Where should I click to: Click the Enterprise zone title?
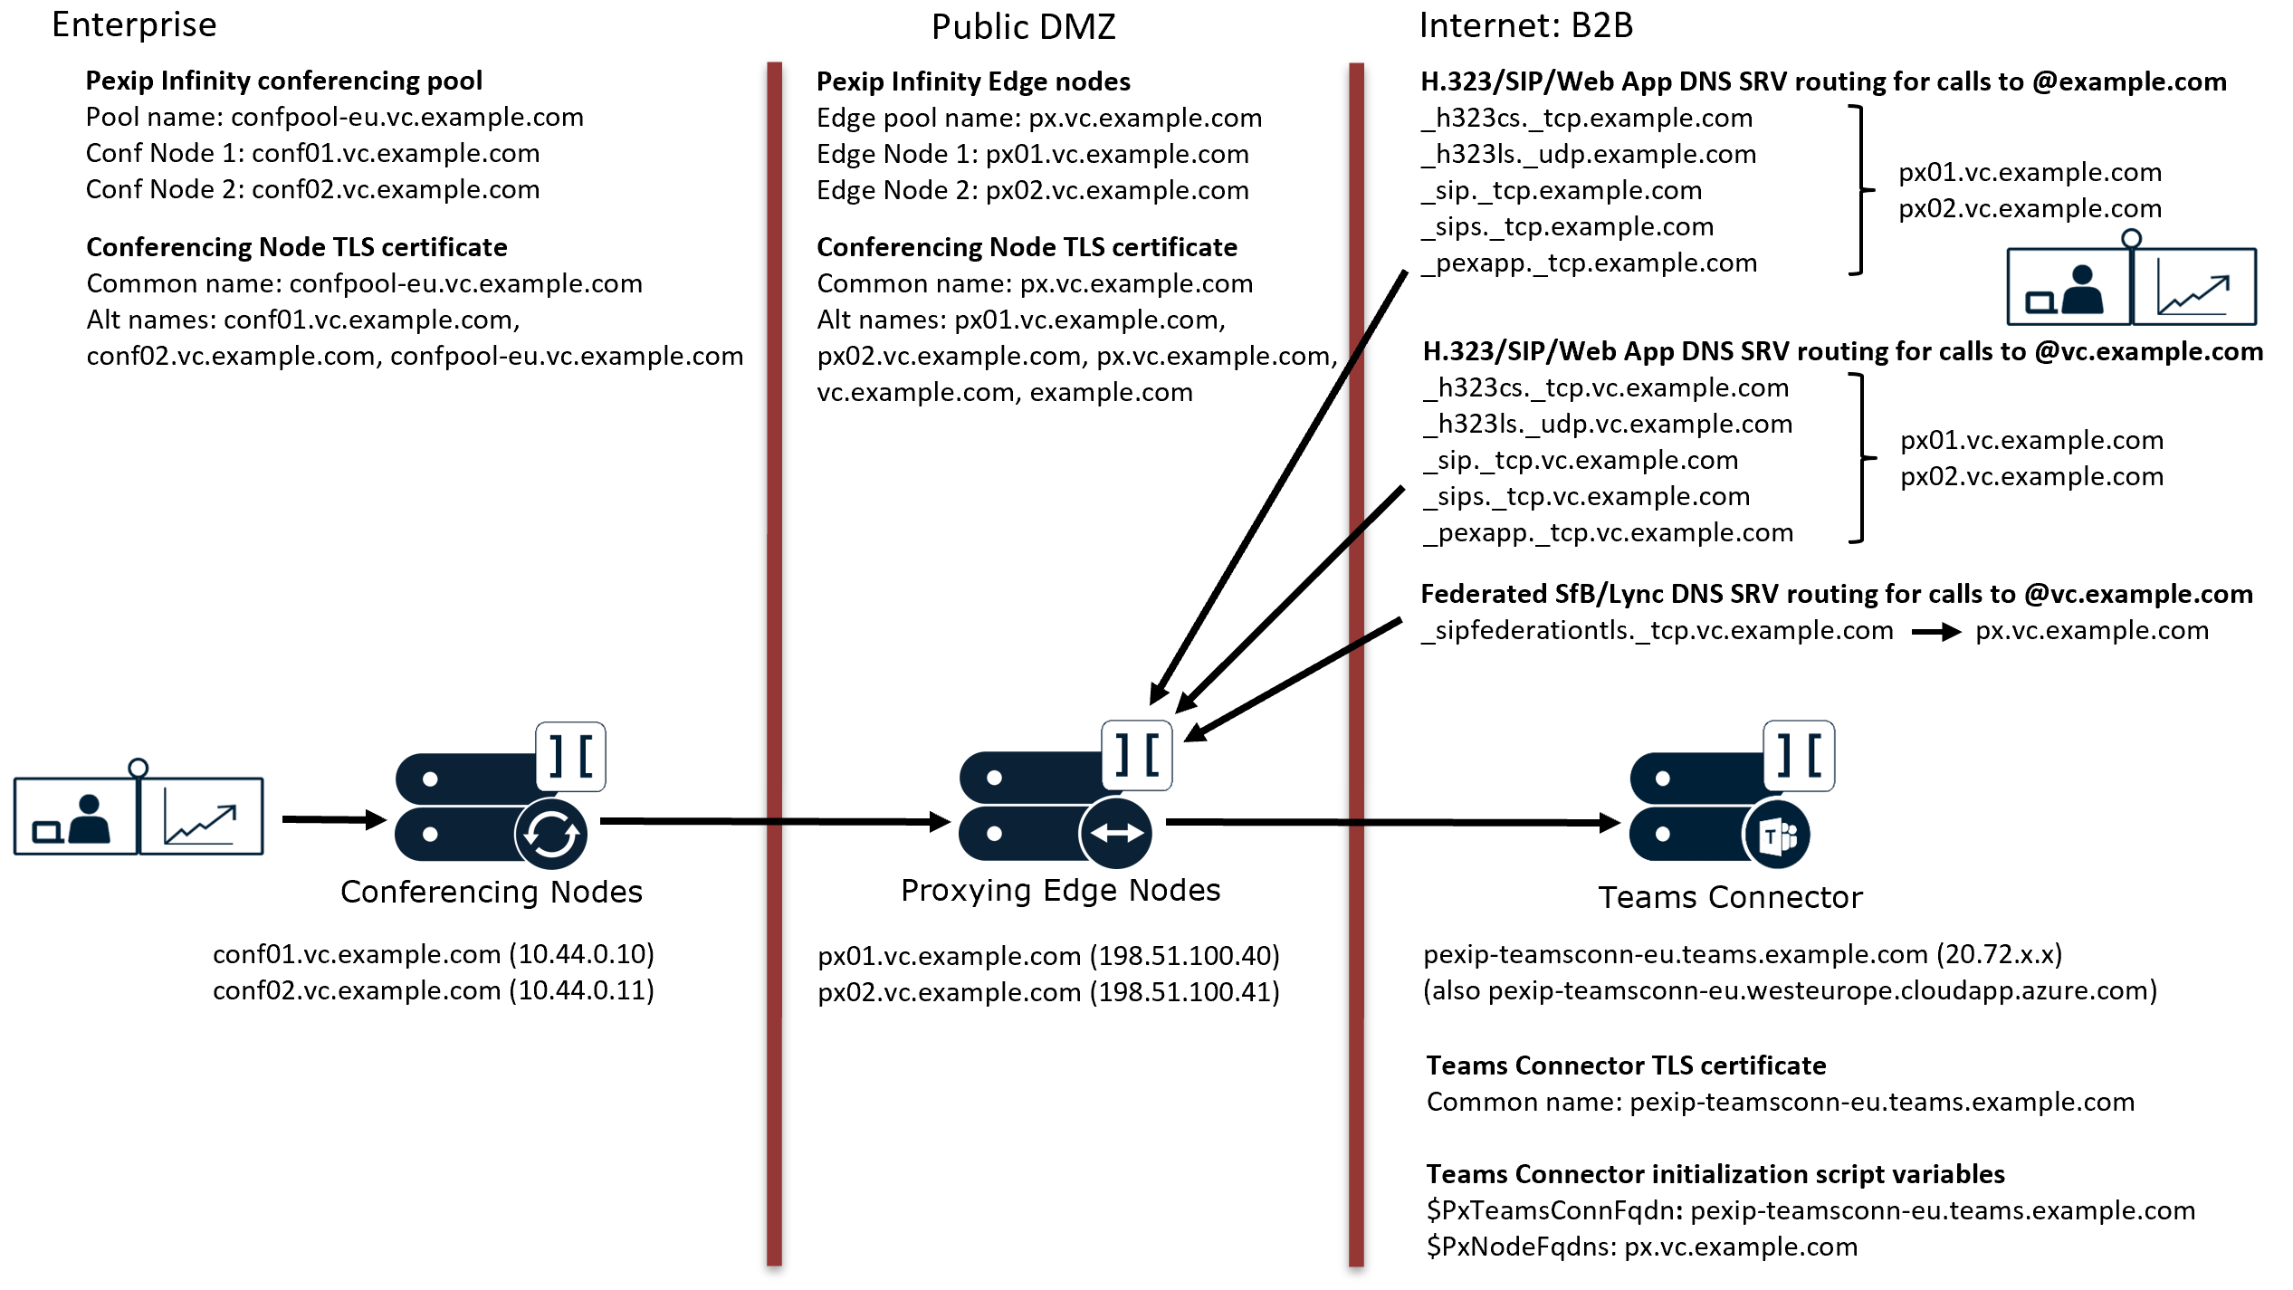coord(134,25)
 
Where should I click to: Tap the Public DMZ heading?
coord(1023,27)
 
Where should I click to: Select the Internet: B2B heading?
coord(1525,25)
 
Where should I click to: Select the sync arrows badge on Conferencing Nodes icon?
coord(551,834)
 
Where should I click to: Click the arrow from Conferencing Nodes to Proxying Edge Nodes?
coord(774,821)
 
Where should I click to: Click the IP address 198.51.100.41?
coord(1184,992)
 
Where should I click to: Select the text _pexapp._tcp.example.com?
coord(1589,263)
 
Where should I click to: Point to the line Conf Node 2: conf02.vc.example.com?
coord(312,190)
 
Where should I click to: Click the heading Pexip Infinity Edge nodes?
coord(973,82)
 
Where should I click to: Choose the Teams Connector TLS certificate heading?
coord(1626,1065)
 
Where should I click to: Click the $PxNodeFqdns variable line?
coord(1641,1247)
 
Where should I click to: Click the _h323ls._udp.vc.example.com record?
coord(1608,425)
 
